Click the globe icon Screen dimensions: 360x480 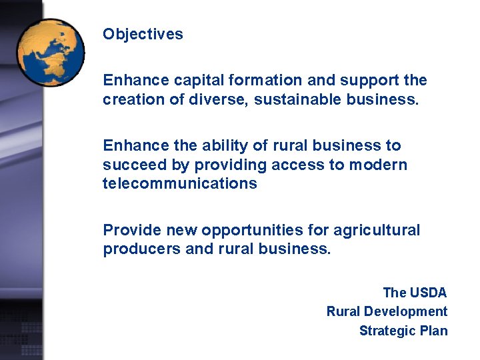51,52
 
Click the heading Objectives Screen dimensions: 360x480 143,34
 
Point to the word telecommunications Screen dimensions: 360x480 179,183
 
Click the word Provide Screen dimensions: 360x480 131,230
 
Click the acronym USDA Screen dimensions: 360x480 428,292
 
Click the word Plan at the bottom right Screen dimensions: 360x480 433,331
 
